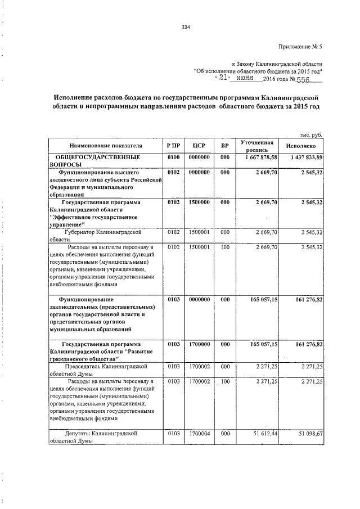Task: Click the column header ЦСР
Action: click(199, 145)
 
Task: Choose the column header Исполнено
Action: click(304, 145)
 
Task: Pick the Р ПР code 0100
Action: click(173, 156)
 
